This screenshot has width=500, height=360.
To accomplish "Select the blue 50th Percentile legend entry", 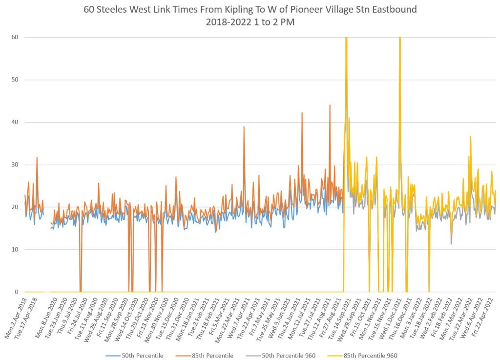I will [139, 355].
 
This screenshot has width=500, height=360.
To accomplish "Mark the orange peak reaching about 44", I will [330, 105].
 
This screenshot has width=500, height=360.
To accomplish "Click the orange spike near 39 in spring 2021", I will [244, 127].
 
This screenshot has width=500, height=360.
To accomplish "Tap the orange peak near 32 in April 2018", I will [37, 158].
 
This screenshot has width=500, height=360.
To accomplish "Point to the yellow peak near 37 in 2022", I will [470, 137].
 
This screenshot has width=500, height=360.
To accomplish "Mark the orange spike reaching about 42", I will [302, 113].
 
